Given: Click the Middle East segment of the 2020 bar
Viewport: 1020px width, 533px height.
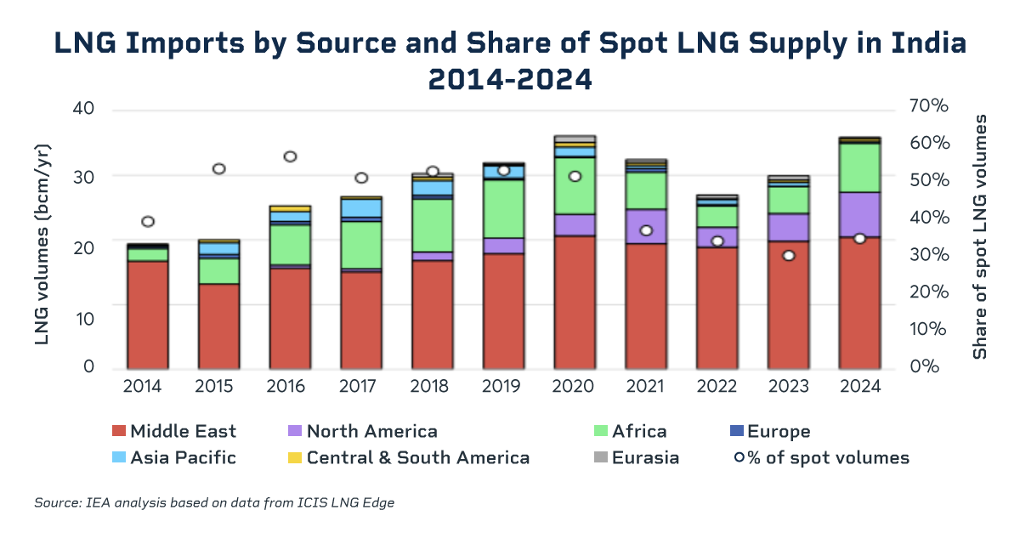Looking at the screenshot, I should tap(575, 302).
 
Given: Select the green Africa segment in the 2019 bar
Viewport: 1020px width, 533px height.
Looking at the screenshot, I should tap(503, 209).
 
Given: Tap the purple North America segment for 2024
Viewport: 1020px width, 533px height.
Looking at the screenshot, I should tap(858, 214).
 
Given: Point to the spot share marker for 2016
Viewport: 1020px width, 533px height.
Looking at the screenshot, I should tap(290, 156).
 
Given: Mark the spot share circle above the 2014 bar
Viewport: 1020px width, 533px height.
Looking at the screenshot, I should tap(148, 222).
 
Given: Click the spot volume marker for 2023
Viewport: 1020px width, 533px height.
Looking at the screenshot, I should tap(788, 255).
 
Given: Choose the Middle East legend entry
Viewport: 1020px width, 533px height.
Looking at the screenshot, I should tap(174, 432).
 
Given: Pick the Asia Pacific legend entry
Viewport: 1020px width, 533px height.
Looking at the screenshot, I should tap(174, 458).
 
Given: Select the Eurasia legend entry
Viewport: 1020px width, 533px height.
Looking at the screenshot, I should tap(637, 458).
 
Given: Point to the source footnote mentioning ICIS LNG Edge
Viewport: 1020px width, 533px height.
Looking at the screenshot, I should tap(214, 503).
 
